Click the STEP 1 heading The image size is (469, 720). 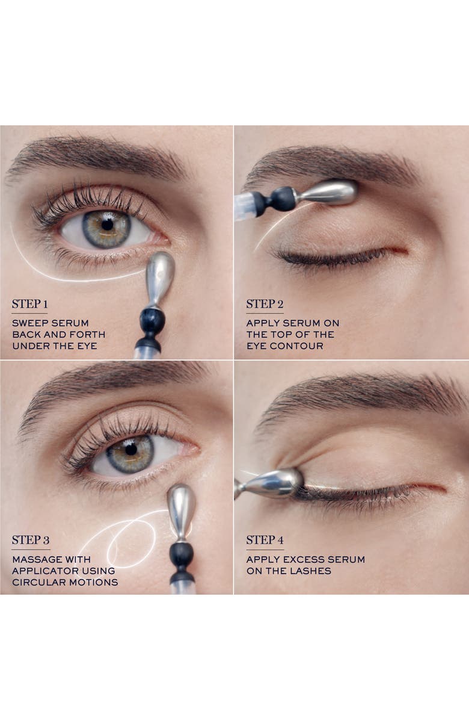click(x=30, y=304)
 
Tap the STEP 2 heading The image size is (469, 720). click(x=265, y=304)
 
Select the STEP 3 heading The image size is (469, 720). click(x=31, y=540)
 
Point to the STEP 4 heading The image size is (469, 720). click(x=265, y=540)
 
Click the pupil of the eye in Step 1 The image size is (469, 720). click(x=107, y=225)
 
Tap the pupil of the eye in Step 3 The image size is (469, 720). click(x=131, y=449)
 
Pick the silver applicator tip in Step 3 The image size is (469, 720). click(x=182, y=511)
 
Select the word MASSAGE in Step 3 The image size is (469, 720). click(x=32, y=559)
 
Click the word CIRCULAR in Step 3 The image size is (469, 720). click(x=36, y=582)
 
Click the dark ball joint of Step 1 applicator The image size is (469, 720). click(x=152, y=320)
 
